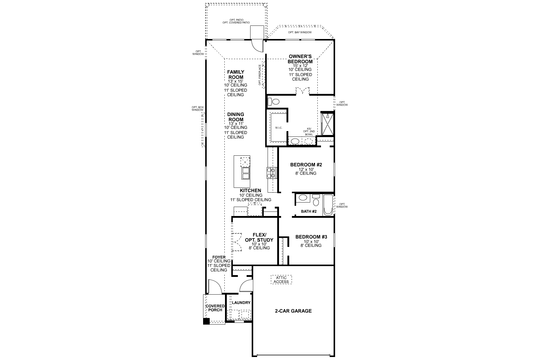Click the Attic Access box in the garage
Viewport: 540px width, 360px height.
click(281, 280)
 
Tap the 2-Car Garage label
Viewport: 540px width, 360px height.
click(293, 311)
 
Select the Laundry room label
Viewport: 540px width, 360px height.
click(241, 303)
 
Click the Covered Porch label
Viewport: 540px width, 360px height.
click(215, 308)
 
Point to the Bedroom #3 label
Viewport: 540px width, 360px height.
click(311, 237)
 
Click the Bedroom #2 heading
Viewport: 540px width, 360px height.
click(306, 165)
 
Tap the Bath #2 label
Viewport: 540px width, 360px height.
click(309, 211)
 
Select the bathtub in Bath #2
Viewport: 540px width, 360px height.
click(328, 205)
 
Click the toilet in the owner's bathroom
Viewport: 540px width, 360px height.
click(273, 101)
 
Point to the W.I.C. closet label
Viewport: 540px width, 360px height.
click(279, 128)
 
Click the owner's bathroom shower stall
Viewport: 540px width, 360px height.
click(327, 124)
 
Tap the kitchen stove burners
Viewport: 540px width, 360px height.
click(271, 172)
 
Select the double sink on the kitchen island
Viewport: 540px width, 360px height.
click(245, 173)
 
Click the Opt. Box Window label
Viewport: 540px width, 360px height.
click(197, 109)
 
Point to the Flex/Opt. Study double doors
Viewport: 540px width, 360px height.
click(237, 242)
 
